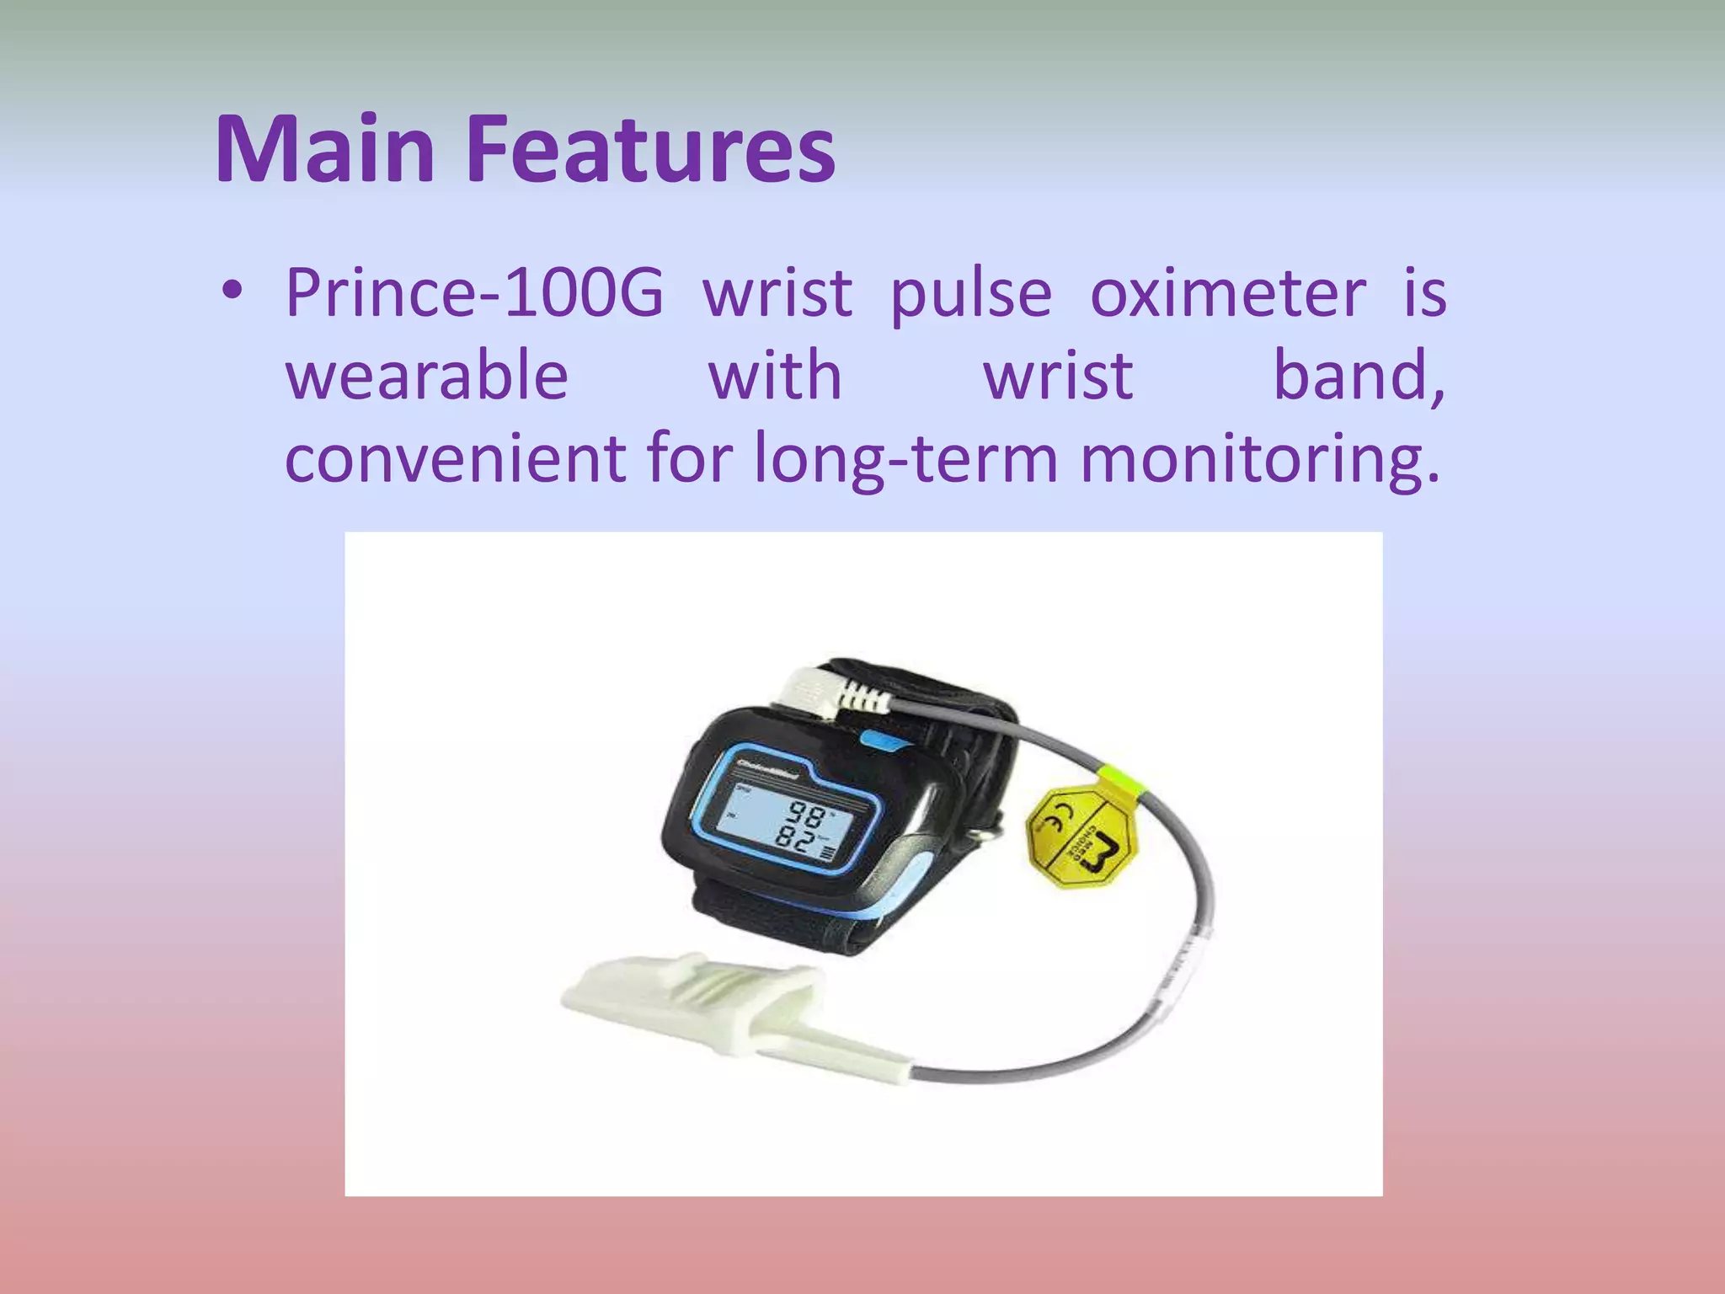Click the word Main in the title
(325, 149)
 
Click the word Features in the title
(650, 149)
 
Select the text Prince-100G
(474, 293)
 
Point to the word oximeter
(1228, 293)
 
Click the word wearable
(427, 376)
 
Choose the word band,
(1359, 376)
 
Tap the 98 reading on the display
(806, 815)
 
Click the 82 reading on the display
(795, 840)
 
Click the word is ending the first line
(1424, 293)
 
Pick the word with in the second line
(775, 376)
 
